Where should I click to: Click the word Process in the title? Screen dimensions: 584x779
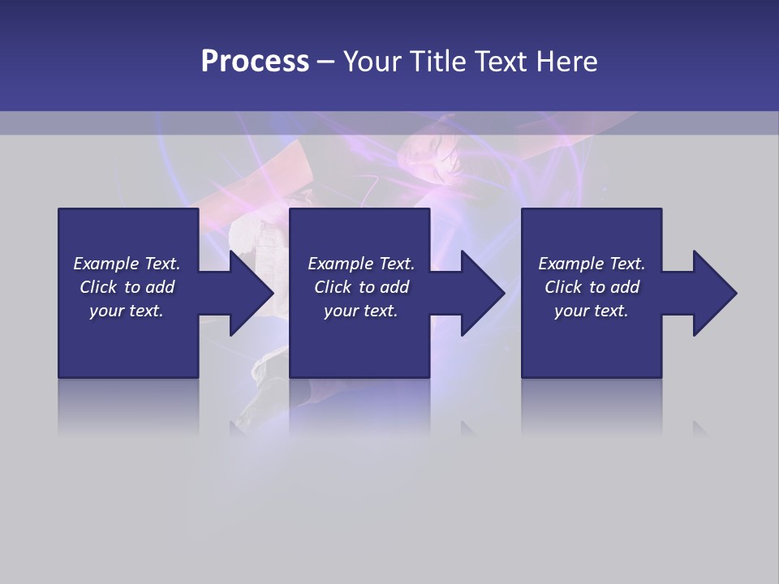pos(255,62)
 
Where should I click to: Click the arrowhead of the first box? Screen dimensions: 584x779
pos(252,293)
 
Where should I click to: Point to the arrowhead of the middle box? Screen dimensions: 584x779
pos(484,293)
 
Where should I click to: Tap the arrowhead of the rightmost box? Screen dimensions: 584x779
pos(715,293)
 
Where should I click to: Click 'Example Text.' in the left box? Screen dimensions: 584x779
pos(127,264)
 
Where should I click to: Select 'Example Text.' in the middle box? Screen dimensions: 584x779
pos(361,264)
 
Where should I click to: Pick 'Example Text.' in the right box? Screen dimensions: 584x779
pos(592,264)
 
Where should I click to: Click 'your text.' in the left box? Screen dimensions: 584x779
pos(127,311)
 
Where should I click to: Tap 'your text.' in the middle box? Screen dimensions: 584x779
pos(361,311)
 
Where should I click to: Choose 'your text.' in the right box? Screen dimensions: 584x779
pos(592,311)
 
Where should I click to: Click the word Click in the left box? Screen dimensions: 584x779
pos(98,287)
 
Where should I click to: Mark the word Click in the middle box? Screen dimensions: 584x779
pos(333,287)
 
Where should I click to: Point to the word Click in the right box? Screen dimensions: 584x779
pos(563,287)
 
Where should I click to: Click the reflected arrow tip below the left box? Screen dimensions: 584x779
pos(238,427)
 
